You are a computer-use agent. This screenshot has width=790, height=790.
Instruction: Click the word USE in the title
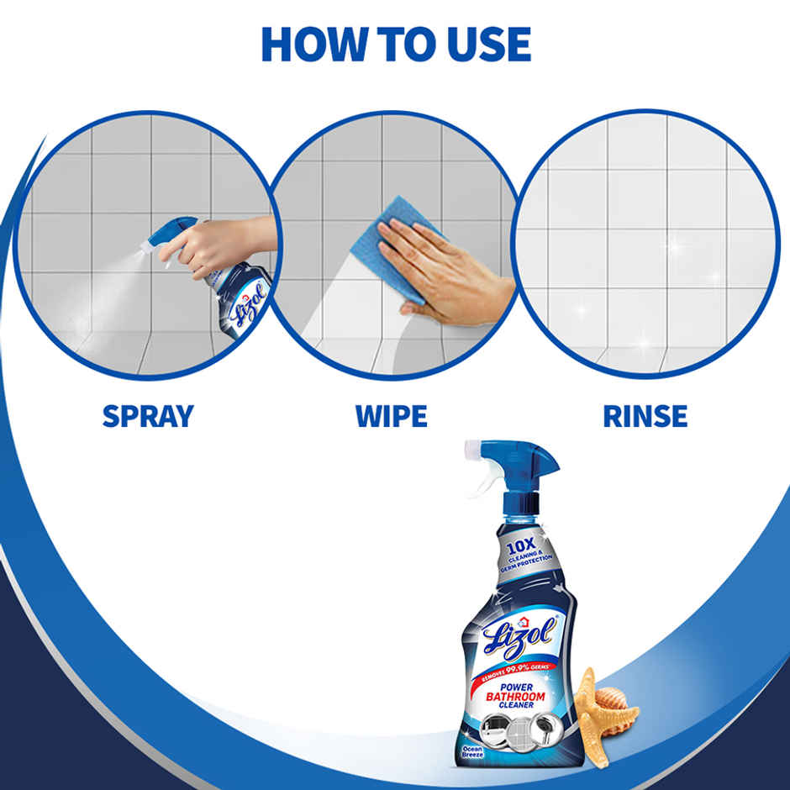488,44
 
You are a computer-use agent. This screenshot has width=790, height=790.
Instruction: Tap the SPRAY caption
148,415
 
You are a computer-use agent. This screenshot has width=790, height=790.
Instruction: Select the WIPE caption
392,415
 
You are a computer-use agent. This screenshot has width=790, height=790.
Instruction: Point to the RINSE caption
645,415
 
